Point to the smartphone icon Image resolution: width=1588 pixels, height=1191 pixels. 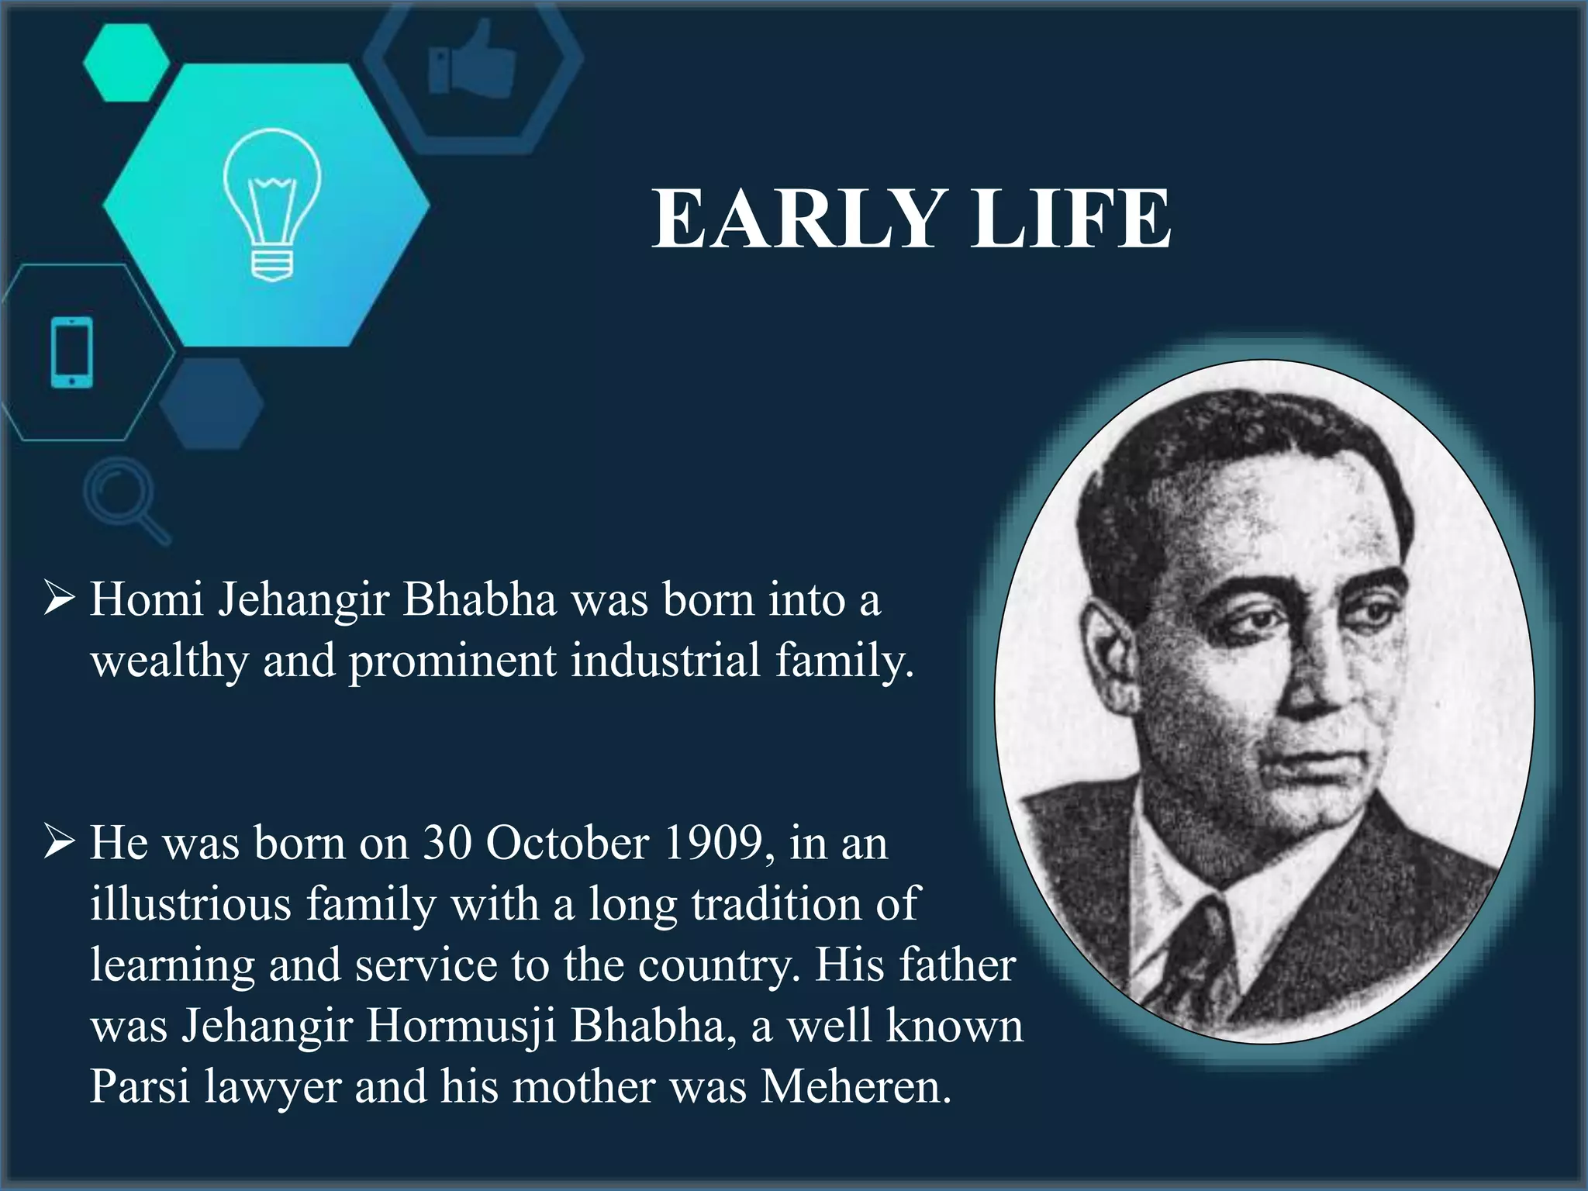[x=71, y=352]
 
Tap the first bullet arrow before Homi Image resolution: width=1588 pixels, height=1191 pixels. [x=60, y=599]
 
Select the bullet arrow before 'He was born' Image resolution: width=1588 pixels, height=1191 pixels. [x=60, y=842]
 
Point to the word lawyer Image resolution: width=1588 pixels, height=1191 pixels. [x=273, y=1088]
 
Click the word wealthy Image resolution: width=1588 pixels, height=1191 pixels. [x=169, y=661]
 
